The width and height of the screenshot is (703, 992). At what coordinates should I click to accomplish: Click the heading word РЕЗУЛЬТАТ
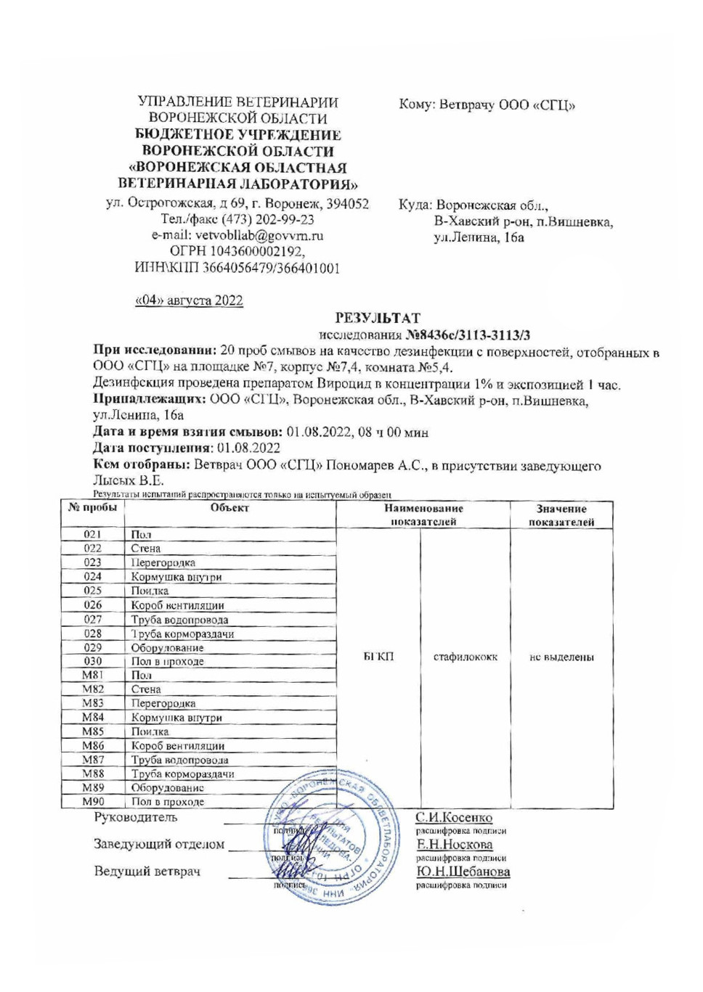click(377, 318)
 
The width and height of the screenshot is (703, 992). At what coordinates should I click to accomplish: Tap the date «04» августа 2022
click(189, 300)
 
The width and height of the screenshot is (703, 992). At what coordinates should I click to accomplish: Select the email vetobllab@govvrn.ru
click(237, 236)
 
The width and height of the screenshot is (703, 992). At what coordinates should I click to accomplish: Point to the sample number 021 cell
click(92, 535)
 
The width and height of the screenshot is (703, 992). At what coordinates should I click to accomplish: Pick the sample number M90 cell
click(92, 802)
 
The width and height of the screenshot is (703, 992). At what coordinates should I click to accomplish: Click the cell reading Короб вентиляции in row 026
click(177, 605)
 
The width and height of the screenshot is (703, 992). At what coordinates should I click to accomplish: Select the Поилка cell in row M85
click(150, 731)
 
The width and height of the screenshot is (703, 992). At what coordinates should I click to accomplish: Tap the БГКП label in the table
click(378, 657)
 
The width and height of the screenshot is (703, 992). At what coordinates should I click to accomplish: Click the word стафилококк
click(465, 657)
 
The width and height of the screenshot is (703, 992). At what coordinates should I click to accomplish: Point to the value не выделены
click(561, 657)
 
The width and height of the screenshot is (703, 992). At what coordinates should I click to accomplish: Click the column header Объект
click(229, 508)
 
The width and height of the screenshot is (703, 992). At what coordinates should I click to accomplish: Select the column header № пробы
click(92, 508)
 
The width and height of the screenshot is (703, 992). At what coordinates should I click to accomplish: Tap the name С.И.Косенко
click(454, 818)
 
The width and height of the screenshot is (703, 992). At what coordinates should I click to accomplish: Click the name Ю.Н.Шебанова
click(463, 872)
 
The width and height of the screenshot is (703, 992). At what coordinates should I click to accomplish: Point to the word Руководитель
click(135, 818)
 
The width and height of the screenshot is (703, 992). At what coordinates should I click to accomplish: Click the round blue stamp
click(330, 838)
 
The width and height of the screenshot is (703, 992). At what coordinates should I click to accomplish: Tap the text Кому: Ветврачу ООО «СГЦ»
click(487, 105)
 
